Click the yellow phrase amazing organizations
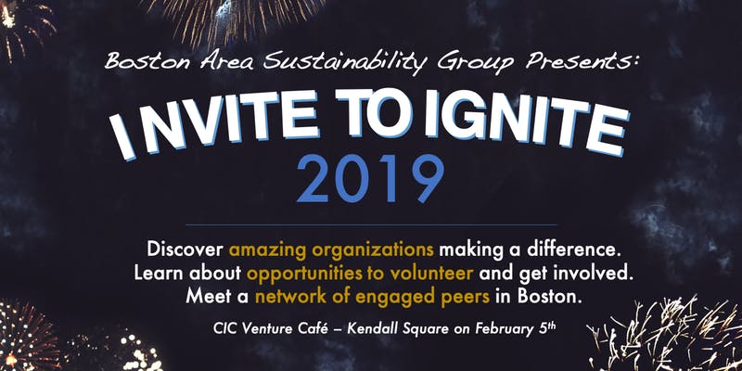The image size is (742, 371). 331,249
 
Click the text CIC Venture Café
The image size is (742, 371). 264,326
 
